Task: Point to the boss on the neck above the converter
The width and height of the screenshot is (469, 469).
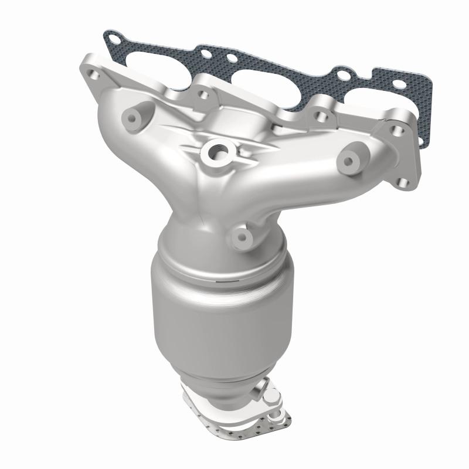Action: (242, 236)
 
